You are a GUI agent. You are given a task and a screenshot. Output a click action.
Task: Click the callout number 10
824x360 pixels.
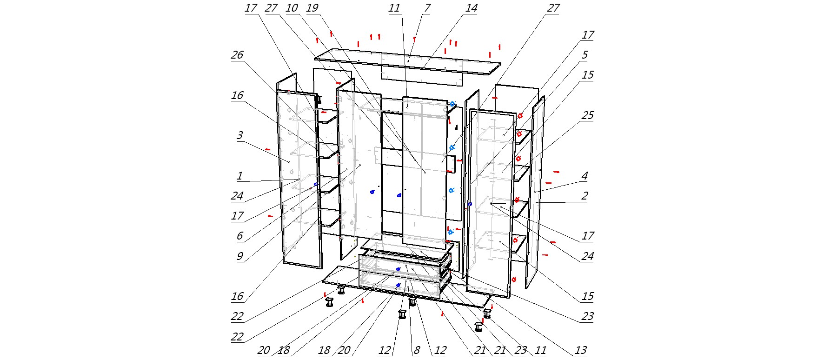[292, 8]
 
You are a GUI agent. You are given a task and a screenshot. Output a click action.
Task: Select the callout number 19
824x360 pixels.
[312, 8]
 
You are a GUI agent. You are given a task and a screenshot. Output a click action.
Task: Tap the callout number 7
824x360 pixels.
[427, 8]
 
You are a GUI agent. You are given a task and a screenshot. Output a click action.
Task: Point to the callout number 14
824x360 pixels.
[471, 8]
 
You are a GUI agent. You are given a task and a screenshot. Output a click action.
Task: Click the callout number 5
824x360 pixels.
[585, 55]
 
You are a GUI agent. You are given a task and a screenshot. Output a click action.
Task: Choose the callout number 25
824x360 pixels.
[587, 115]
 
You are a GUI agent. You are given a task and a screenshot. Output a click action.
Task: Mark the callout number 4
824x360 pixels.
[585, 176]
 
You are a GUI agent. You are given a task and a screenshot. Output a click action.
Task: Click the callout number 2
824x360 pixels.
[585, 196]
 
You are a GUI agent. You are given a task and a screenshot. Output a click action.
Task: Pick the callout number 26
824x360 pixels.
[237, 55]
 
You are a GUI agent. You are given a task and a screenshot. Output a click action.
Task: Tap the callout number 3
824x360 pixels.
[239, 135]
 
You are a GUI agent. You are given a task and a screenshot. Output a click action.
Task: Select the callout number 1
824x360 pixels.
[239, 176]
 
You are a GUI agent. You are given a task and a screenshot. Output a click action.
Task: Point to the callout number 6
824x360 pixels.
[239, 236]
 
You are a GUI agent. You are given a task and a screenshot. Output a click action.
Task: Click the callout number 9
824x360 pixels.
[239, 256]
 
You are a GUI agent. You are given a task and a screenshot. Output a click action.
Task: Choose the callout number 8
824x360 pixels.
[416, 350]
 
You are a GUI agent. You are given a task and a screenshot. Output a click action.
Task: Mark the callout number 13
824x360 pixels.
[580, 350]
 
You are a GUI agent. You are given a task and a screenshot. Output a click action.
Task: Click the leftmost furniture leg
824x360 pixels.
[330, 302]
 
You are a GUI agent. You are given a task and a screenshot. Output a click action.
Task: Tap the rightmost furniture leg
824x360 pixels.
[487, 314]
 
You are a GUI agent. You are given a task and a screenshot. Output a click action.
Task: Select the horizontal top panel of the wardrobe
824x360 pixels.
[407, 62]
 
